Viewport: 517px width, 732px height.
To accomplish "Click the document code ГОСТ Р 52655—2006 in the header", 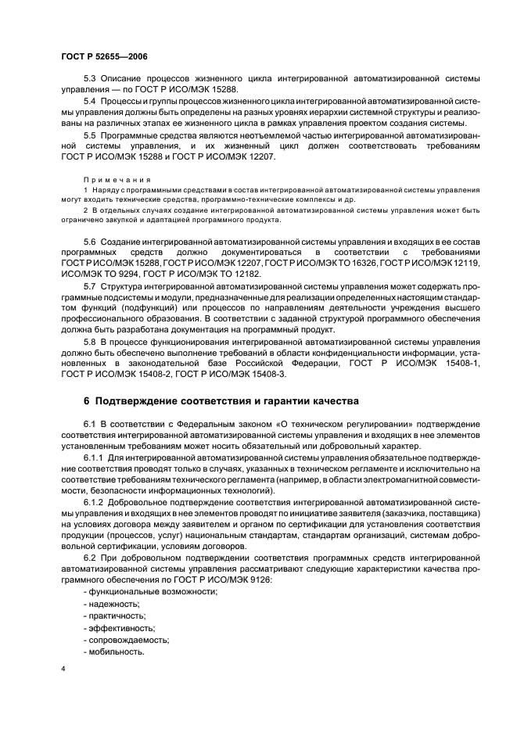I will coord(104,58).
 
